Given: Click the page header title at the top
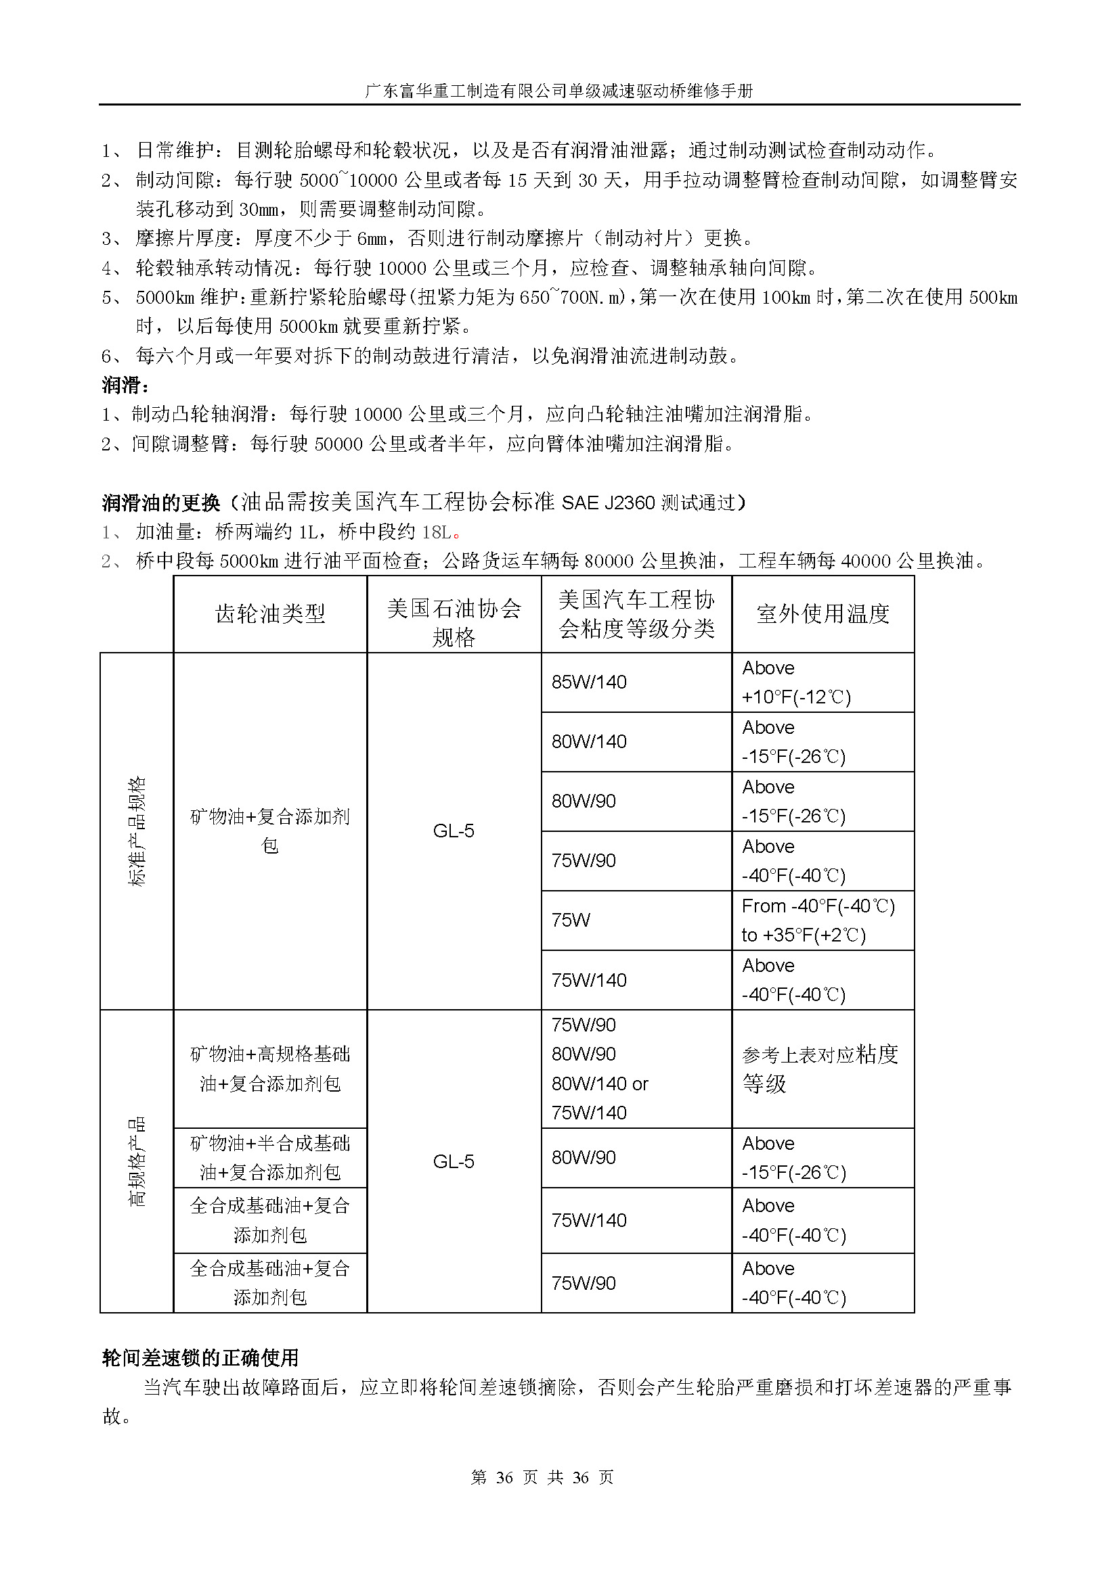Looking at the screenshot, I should (558, 91).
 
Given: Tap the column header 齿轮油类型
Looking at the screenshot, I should (269, 613).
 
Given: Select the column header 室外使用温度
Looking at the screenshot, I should (822, 613).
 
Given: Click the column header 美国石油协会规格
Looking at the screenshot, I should (454, 622).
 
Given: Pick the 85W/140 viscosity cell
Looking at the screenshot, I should (589, 682).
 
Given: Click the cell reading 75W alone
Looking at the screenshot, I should (571, 920).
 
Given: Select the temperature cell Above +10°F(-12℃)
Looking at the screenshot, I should (796, 682).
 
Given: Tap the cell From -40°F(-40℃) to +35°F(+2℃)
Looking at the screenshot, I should (818, 920).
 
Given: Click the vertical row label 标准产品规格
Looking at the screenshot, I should (137, 831).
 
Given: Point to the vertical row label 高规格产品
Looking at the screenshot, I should (137, 1161).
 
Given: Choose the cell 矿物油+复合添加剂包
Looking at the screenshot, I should (269, 831).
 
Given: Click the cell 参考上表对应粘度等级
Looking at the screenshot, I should (820, 1069).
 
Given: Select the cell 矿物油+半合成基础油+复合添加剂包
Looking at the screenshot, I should (269, 1157).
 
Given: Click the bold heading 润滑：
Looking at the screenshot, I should (125, 384).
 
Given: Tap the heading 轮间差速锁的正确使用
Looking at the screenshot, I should (200, 1357).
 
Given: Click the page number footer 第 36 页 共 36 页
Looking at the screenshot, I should (542, 1477).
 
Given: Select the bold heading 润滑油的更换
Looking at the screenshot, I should (160, 503).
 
